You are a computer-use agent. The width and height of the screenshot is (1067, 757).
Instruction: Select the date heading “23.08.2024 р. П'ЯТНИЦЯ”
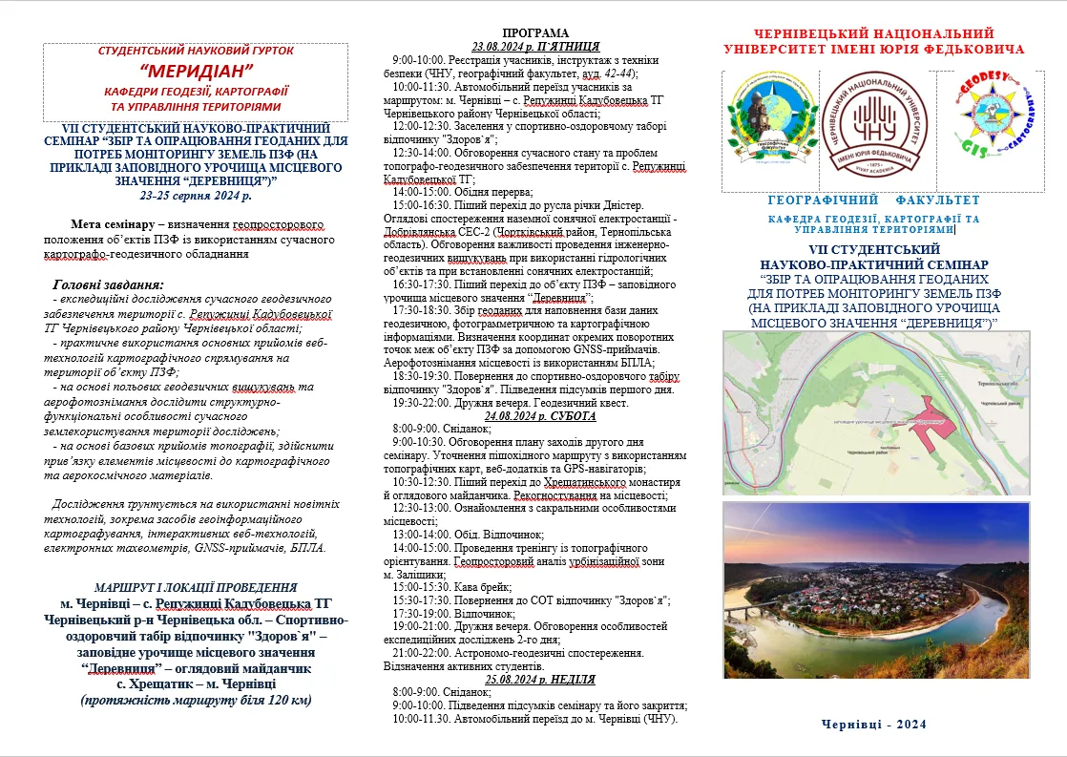click(535, 45)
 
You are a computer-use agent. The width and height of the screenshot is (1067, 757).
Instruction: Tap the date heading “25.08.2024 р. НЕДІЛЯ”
click(540, 680)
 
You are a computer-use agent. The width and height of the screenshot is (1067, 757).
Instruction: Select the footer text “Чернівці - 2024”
click(873, 724)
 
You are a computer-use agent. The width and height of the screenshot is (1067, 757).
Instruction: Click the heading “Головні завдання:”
click(108, 284)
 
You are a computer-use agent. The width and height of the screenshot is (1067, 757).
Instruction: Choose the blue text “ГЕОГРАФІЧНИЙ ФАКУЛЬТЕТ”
click(873, 200)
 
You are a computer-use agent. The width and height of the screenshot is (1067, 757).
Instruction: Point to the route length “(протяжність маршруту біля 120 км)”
click(196, 700)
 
